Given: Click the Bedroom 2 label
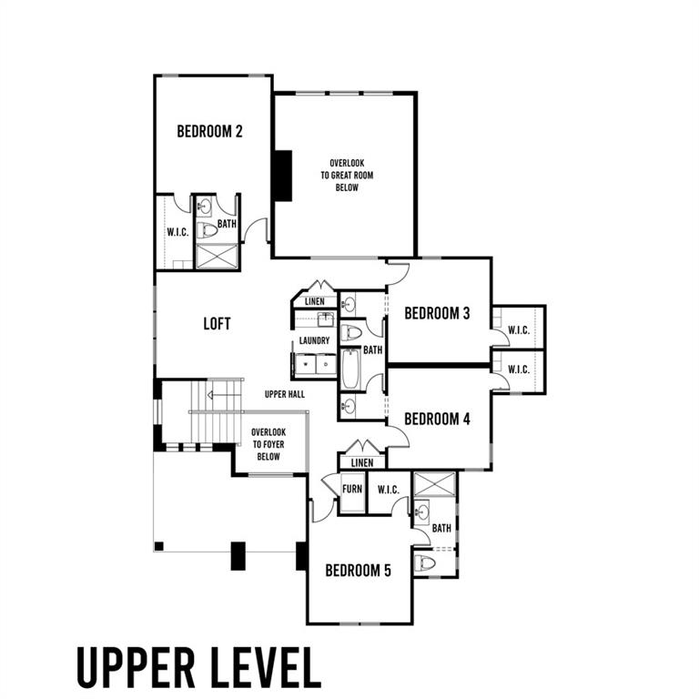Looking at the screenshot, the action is (209, 131).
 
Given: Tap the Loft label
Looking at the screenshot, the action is (217, 324).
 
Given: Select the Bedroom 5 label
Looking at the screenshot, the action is (358, 570).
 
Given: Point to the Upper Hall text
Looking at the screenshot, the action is (285, 394).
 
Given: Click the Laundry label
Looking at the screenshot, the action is (314, 340).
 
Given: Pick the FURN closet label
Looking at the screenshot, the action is (352, 489).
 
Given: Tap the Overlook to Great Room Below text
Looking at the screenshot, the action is (347, 175).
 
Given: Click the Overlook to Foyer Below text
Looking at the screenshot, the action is (268, 444).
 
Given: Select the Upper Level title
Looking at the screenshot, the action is (198, 667).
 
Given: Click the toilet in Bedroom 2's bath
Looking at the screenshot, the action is (207, 230).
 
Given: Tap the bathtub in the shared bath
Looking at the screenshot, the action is (350, 369).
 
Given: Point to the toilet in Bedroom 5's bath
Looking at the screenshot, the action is (425, 563).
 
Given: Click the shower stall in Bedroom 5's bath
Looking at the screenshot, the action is (435, 483).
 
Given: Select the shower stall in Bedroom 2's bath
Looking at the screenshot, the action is (218, 257).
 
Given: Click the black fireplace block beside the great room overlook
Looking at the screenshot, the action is (283, 176).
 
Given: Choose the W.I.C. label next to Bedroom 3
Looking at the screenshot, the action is (519, 330).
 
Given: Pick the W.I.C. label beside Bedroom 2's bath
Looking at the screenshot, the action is (177, 232).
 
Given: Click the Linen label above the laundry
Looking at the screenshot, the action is (315, 302).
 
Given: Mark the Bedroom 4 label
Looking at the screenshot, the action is (437, 419).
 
